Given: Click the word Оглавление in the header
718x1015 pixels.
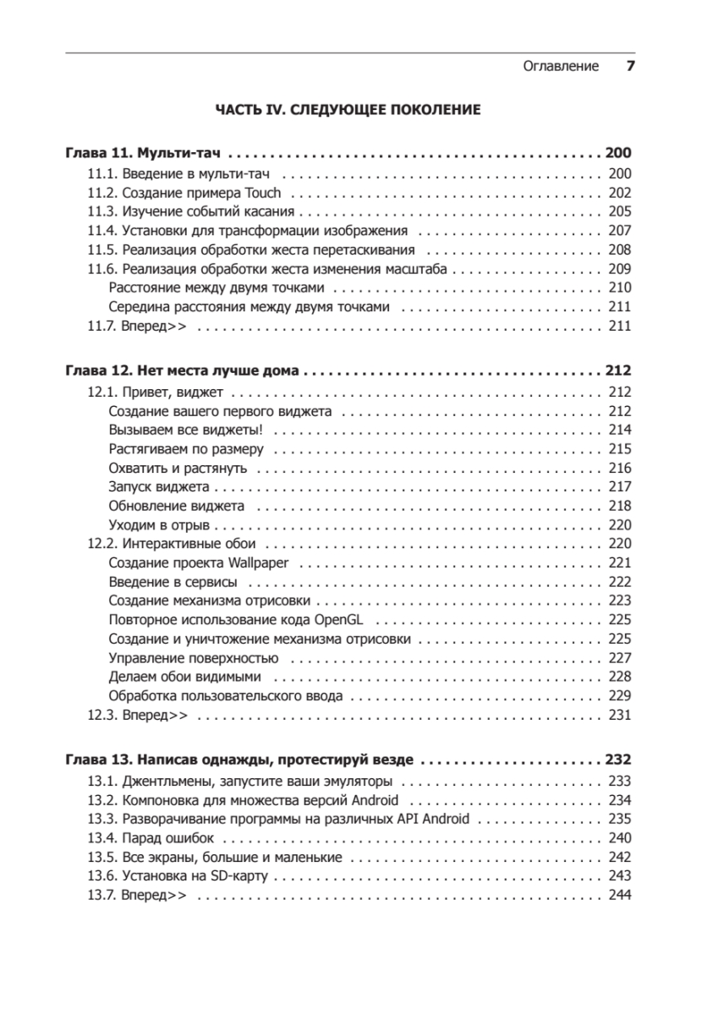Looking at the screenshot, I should (x=561, y=67).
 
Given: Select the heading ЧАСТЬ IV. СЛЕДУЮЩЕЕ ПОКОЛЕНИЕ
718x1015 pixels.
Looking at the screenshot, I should (x=348, y=110).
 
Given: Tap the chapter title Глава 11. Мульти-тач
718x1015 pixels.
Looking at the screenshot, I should (x=142, y=154).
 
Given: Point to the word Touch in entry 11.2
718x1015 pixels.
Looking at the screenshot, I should (x=262, y=193).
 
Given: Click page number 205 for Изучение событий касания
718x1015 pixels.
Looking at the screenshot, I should (x=620, y=211).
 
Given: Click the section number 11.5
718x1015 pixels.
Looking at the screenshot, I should (x=101, y=250).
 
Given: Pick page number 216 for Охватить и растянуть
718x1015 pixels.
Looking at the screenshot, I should (x=620, y=468).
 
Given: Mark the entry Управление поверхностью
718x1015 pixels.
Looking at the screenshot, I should (x=194, y=658).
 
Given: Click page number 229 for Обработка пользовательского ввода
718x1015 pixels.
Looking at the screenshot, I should (x=620, y=696).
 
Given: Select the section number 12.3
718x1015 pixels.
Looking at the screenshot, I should (x=101, y=715).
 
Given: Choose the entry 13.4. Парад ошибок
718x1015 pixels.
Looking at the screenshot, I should (x=151, y=838).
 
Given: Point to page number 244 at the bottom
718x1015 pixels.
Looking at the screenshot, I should (x=620, y=896).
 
